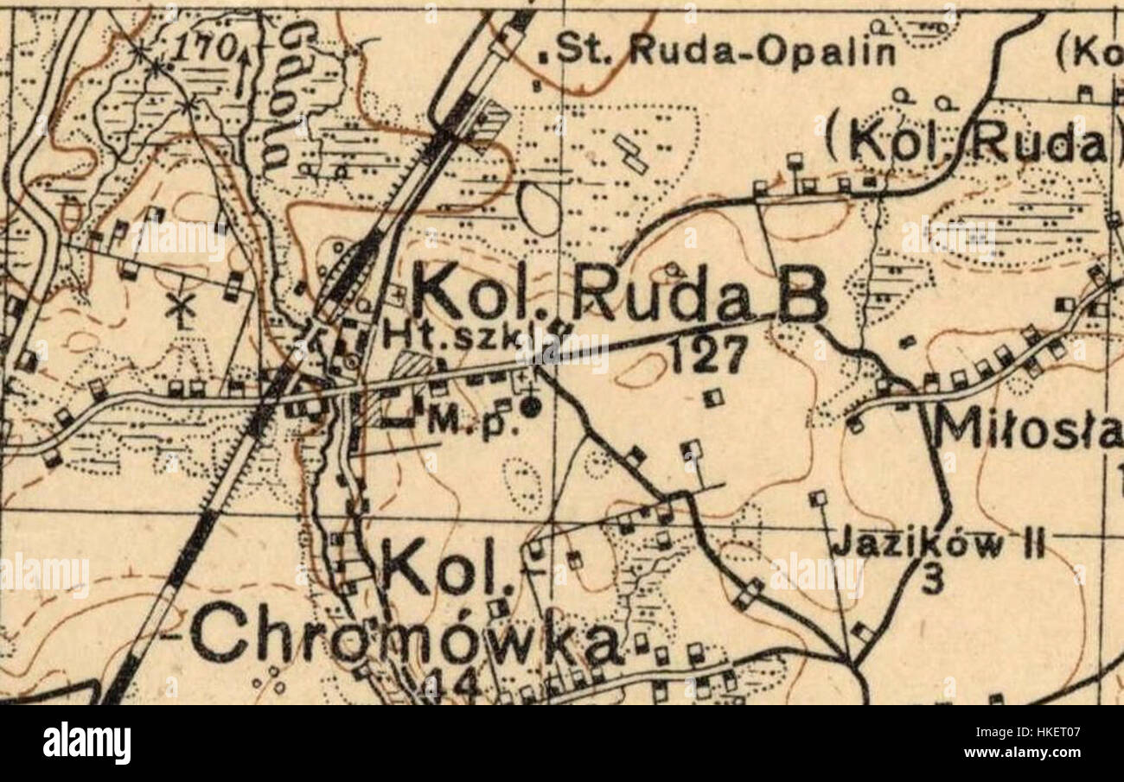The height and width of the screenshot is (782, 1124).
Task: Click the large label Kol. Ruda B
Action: tap(617, 294)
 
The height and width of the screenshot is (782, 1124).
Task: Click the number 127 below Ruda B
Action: tap(708, 354)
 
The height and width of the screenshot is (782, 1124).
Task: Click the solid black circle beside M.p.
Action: tap(531, 405)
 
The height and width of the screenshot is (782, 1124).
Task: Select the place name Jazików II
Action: tap(938, 545)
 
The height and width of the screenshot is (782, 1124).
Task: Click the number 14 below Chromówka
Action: tap(449, 685)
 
